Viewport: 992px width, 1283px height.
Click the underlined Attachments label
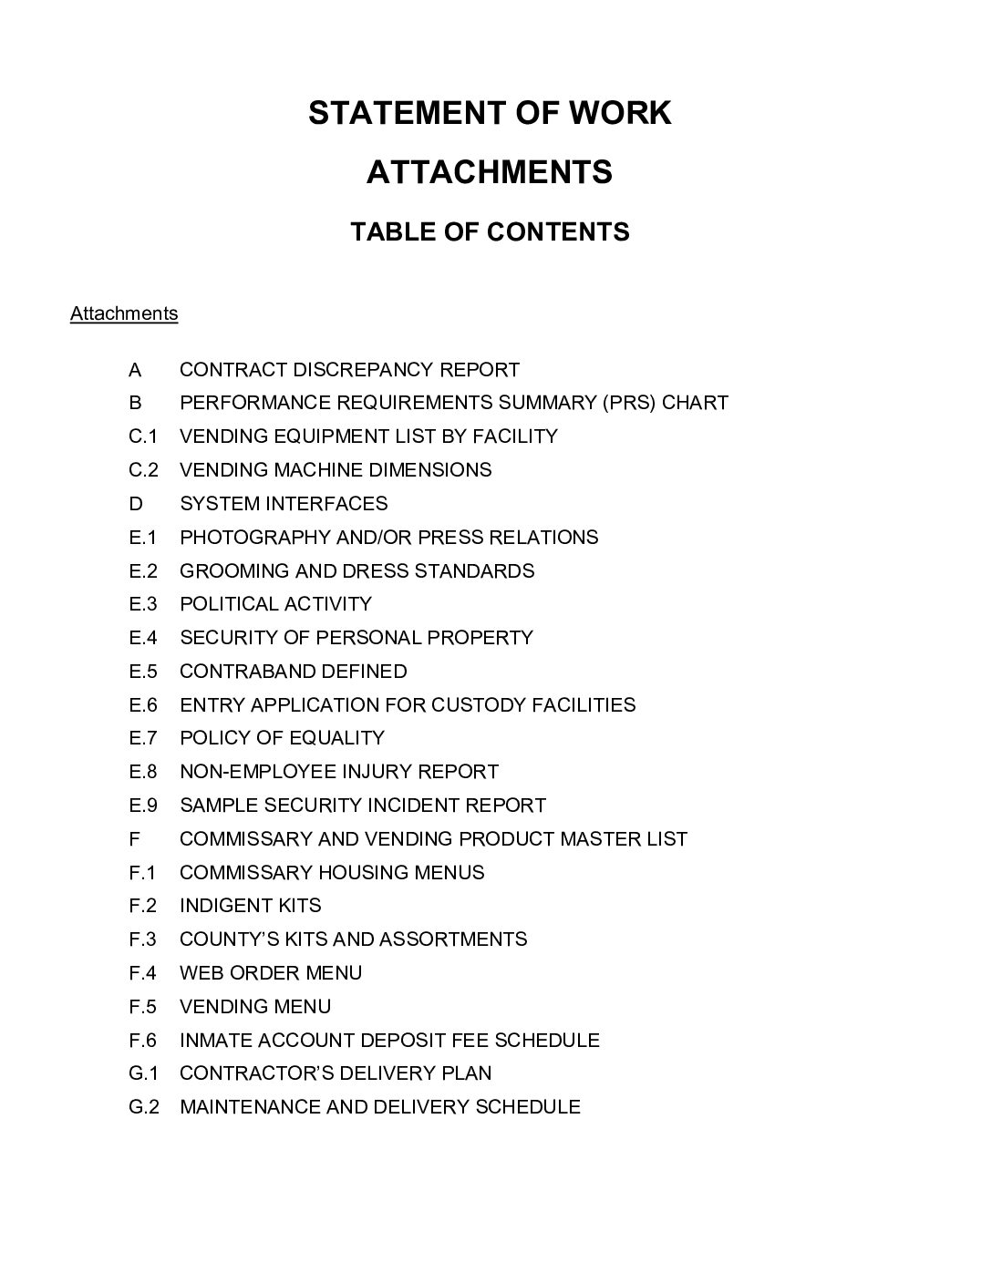tap(124, 313)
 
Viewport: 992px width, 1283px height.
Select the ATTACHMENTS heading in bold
tap(490, 172)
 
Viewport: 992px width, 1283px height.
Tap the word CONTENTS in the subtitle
tap(558, 231)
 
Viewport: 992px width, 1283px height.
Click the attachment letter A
tap(135, 370)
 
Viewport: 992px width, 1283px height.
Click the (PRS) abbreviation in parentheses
tap(628, 403)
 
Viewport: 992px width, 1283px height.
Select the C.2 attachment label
tap(144, 470)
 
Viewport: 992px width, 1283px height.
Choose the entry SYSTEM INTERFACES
tap(284, 504)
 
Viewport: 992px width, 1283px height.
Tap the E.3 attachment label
tap(144, 604)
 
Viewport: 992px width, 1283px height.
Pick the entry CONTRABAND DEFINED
tap(294, 672)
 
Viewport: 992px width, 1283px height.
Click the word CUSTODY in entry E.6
tap(479, 705)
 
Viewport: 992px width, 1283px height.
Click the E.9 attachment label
tap(144, 806)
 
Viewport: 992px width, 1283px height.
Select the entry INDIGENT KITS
tap(251, 906)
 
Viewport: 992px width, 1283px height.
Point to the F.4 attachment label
tap(144, 973)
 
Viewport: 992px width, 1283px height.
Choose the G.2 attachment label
tap(144, 1107)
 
